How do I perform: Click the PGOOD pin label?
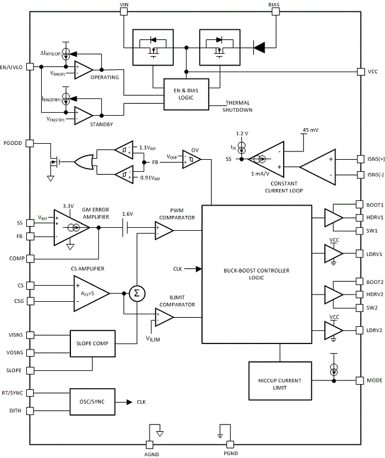(x=13, y=143)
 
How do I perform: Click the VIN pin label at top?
(x=124, y=4)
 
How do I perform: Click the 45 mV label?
(x=310, y=129)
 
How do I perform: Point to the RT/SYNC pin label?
(x=13, y=392)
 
